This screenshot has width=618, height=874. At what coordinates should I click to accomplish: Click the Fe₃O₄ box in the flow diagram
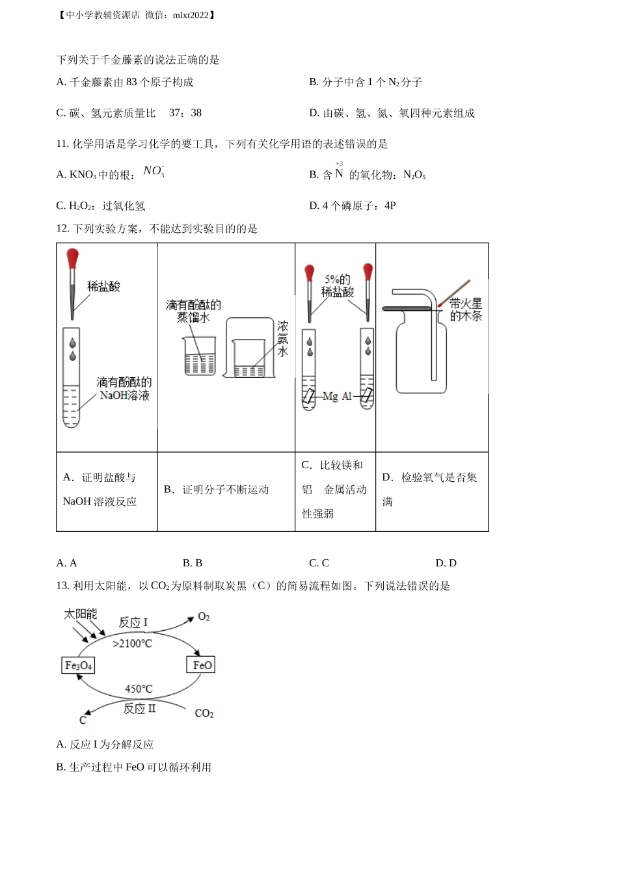coord(78,665)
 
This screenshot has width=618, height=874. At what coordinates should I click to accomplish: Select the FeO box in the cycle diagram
coord(200,665)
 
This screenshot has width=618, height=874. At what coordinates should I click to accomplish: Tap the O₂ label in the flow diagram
coord(204,616)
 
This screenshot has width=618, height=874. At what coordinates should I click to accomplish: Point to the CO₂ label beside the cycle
coord(204,713)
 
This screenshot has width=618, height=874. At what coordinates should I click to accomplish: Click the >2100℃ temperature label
coord(132,643)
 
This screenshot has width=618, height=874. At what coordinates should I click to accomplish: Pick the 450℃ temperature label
coord(139,689)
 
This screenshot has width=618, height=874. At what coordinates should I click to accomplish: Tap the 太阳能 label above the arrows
coord(81,614)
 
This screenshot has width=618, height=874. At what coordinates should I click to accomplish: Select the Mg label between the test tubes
coord(330,397)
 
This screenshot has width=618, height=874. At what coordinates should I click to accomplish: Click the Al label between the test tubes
coord(347,397)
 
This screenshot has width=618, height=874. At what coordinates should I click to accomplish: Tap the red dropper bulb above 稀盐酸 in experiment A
coord(73,258)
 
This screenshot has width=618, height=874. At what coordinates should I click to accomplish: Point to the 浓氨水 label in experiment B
coord(282,338)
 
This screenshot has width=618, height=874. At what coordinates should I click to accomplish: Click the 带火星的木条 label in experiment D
coord(466,310)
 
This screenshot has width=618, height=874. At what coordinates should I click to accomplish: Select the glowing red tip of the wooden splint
coord(440,304)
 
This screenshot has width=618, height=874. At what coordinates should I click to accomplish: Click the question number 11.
coord(62,144)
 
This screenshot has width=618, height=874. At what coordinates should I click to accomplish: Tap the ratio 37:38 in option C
coord(185,113)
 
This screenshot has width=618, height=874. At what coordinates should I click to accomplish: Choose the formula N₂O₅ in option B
coord(414,175)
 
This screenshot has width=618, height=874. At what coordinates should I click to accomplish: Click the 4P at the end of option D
coord(390,205)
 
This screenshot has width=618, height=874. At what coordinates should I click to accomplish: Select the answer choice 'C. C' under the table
coord(319,563)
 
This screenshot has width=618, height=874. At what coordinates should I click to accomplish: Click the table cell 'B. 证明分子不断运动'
coord(216,490)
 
